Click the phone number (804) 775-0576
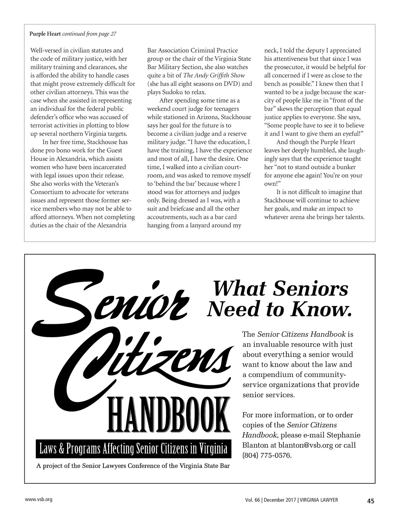pyautogui.click(x=267, y=455)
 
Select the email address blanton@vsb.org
pyautogui.click(x=305, y=445)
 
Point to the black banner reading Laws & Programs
pyautogui.click(x=133, y=449)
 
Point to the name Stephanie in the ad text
pyautogui.click(x=343, y=435)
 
